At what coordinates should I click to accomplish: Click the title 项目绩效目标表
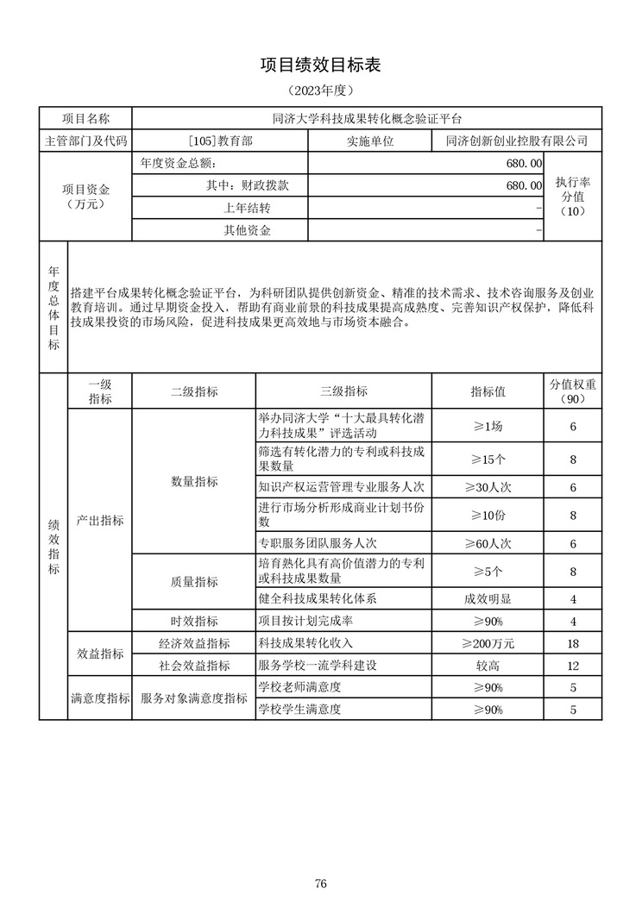[320, 65]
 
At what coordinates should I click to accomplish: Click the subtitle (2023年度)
[320, 90]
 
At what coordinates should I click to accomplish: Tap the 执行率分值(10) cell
[573, 197]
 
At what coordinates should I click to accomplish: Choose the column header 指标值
[488, 391]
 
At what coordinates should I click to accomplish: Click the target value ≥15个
[488, 459]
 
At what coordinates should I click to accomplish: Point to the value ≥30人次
[488, 487]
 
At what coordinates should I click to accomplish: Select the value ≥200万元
[488, 643]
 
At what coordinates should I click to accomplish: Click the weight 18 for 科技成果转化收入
[573, 643]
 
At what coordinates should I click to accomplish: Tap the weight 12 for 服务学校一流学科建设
[573, 666]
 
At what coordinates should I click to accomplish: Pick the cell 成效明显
[488, 598]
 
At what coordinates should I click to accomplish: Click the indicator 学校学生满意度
[300, 710]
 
